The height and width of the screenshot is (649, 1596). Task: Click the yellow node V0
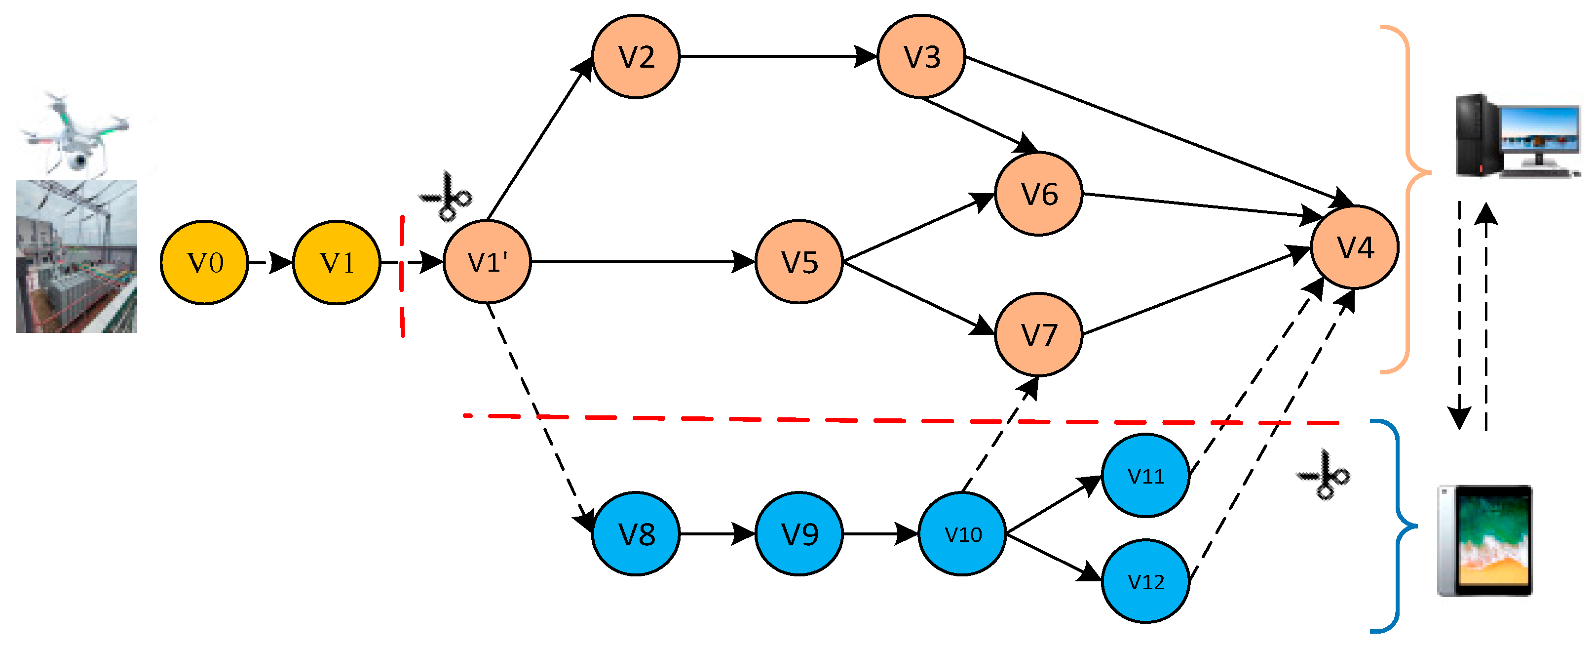(204, 262)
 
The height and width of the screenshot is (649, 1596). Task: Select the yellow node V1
(337, 262)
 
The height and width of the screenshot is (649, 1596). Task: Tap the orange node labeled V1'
(488, 262)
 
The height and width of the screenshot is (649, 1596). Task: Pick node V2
(636, 56)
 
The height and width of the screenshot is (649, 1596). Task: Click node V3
(921, 56)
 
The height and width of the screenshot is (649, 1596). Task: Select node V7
(1039, 335)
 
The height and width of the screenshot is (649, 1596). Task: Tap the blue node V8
(636, 534)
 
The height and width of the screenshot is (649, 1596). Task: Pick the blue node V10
(962, 534)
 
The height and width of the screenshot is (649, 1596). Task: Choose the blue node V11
(1145, 476)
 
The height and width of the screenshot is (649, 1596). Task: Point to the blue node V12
(1145, 581)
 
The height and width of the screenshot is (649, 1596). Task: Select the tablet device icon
(1484, 540)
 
